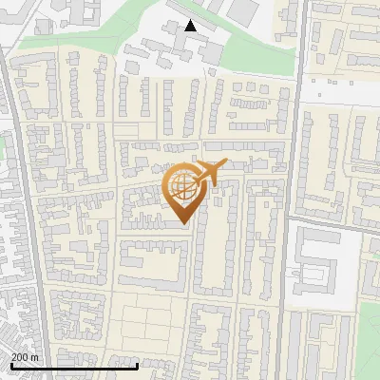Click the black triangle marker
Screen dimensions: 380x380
[x=191, y=26]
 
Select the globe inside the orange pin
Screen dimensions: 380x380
[x=183, y=188]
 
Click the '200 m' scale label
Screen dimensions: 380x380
[x=25, y=357]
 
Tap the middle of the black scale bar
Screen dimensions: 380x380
[x=74, y=366]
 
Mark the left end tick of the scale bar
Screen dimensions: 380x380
[x=10, y=366]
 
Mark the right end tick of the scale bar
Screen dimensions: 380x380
[x=139, y=366]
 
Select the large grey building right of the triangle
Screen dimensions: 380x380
[x=243, y=11]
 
